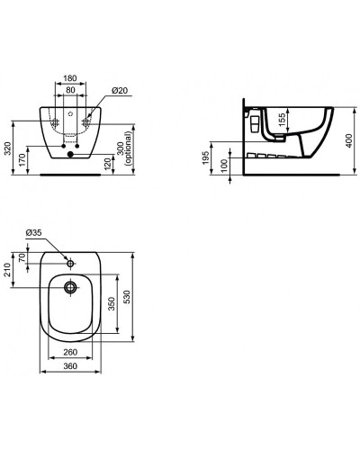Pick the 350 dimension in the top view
[112, 304]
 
